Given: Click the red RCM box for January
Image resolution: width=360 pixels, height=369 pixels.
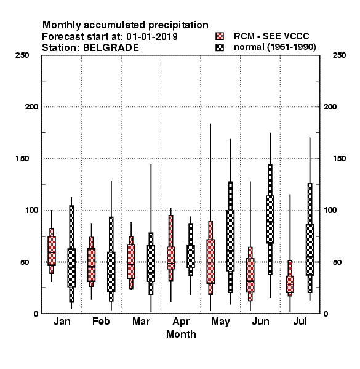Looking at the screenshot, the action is [52, 250].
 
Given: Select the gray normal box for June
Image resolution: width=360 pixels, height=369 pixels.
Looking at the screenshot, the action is [270, 219].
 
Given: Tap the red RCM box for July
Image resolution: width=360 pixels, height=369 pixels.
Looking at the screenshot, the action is [290, 284].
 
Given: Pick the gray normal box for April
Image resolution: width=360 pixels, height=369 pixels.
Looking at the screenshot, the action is [191, 256].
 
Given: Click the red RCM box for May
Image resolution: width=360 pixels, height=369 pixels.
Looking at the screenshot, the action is [210, 261].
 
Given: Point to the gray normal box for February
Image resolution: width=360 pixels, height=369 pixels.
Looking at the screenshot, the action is [111, 272].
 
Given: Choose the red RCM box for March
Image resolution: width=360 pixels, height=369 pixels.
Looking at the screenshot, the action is [131, 262].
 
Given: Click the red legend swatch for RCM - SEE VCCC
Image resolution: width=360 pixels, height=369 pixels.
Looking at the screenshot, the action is [220, 36].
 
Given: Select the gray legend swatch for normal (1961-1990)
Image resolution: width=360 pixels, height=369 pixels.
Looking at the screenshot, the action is [220, 47].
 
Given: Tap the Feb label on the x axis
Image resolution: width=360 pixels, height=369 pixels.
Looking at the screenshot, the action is [101, 321].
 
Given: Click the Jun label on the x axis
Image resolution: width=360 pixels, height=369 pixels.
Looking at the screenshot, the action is [260, 322].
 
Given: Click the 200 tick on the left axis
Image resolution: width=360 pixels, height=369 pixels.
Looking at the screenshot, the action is [31, 107].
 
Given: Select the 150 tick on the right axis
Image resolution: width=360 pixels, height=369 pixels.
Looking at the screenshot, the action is [339, 159].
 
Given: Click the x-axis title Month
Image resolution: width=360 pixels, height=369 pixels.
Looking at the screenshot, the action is [181, 334].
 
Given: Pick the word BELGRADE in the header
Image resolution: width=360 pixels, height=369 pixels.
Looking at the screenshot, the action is [111, 48].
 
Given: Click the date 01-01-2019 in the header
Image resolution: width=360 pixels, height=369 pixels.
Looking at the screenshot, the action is [152, 37].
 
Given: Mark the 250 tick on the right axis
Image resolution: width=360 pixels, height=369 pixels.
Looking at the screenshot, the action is [339, 55].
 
